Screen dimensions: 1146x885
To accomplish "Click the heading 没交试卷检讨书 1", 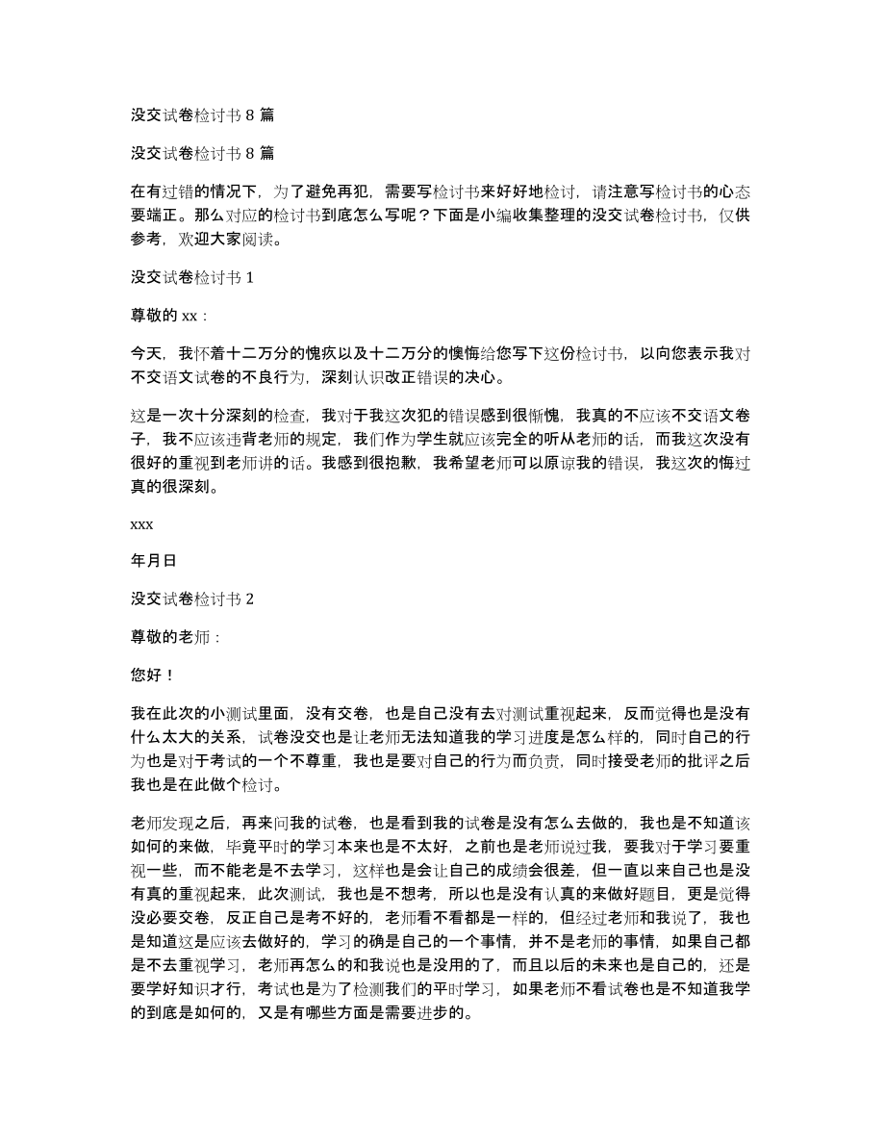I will click(192, 278).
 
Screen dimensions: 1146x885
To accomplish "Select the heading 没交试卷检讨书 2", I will click(192, 598).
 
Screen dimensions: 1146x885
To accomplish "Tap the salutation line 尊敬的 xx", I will click(167, 315).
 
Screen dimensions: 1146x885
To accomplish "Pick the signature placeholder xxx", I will click(141, 524).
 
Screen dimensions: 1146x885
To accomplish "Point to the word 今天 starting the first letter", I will click(145, 352).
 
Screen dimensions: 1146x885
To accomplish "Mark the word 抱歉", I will click(403, 463).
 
